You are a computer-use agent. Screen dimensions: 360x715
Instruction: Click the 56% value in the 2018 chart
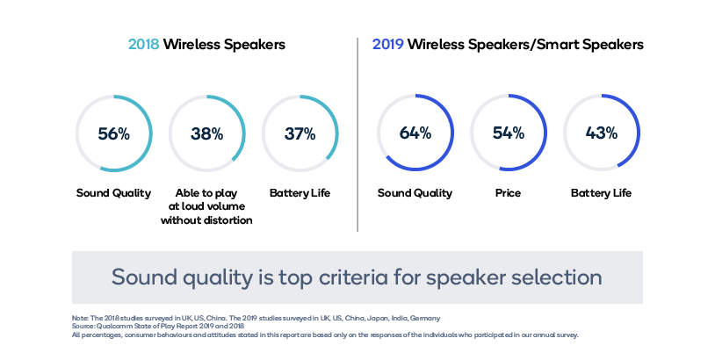coord(114,134)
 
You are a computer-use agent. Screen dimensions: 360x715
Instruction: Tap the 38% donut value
coord(207,134)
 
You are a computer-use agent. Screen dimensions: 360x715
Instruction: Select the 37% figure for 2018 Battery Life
coord(300,134)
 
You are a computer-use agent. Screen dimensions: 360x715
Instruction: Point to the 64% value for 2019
coord(415,133)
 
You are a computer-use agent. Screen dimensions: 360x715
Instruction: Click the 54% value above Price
coord(508,133)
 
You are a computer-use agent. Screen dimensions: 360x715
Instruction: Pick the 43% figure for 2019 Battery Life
coord(601,133)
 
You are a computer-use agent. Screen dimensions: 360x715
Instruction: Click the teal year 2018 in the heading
coord(143,44)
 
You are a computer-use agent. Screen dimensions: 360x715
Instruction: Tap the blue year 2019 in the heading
coord(387,44)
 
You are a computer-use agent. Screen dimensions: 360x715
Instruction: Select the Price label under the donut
coord(508,193)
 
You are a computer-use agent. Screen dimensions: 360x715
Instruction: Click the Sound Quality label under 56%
coord(113,193)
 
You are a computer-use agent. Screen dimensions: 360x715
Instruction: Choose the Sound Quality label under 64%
coord(415,193)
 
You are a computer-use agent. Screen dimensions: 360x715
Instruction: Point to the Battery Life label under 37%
coord(300,193)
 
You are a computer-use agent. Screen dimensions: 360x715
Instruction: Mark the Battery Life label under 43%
coord(601,193)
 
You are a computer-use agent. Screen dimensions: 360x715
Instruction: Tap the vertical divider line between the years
coord(357,132)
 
